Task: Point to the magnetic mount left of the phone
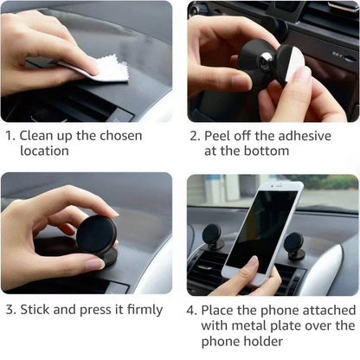212,236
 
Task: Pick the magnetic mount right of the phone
295,245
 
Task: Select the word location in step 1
44,151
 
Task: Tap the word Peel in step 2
220,135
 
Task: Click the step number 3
8,309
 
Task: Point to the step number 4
192,309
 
